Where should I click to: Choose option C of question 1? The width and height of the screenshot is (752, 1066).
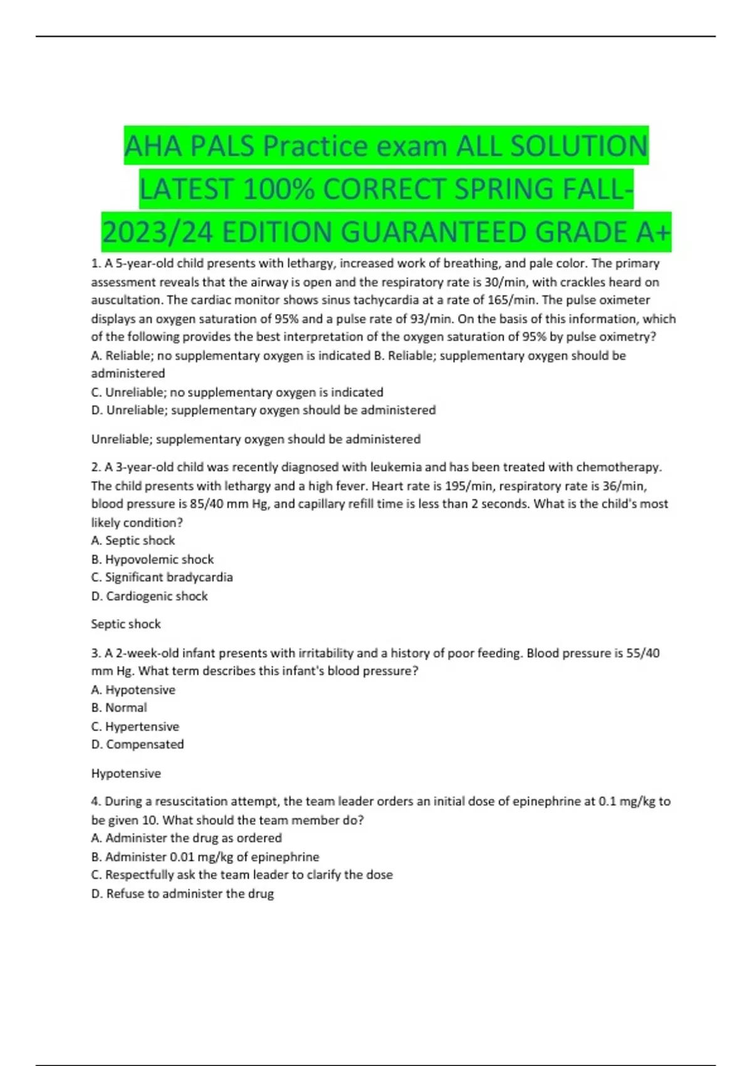(237, 392)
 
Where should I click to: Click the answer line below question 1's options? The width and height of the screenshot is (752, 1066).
(256, 439)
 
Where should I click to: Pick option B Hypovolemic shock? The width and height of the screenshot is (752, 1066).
(152, 559)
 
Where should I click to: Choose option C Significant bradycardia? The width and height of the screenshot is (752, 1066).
(162, 577)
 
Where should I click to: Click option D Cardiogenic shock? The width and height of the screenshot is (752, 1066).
(149, 596)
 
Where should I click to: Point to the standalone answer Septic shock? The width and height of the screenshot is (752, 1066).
(126, 624)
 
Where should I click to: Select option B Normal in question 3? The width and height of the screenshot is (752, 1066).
(119, 707)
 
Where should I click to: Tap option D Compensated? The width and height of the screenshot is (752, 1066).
(137, 744)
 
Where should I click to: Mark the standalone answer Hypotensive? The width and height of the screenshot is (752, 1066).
(126, 773)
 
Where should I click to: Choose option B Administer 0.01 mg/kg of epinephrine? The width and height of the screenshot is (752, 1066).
(205, 857)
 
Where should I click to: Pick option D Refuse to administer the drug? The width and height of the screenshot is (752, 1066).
(182, 894)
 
